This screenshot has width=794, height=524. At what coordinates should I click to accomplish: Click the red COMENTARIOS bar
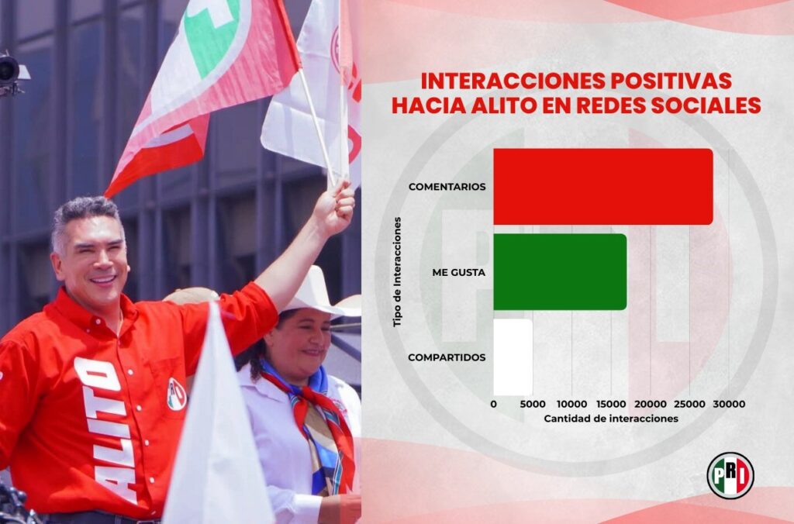point(602,186)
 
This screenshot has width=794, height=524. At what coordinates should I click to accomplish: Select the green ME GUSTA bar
point(560,271)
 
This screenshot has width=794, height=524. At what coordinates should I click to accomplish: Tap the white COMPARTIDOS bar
point(513,357)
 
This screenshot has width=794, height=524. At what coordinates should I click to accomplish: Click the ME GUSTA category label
point(459,272)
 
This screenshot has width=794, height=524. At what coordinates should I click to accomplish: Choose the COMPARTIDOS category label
point(447,357)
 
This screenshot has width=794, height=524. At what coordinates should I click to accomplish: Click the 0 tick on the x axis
point(494,405)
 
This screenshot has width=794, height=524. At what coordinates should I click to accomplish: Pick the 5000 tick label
point(533,405)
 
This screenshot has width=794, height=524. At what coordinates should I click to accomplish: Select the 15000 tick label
point(611,405)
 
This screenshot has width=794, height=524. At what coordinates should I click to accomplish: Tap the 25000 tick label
point(689,405)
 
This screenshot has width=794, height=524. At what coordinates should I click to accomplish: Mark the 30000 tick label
point(729,405)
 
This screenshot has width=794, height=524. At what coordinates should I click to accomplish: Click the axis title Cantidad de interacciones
point(611,419)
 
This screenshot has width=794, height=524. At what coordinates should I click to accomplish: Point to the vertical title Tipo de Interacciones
point(398,271)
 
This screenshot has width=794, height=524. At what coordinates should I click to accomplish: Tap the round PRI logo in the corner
point(730,475)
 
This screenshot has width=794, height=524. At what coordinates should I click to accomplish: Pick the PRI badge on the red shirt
point(176,394)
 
